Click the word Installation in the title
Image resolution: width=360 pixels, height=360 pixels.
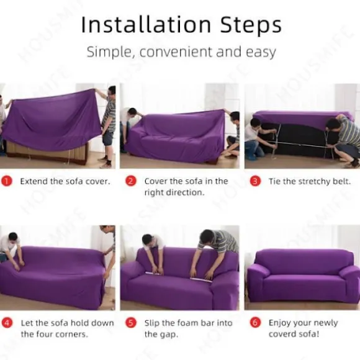point(146,24)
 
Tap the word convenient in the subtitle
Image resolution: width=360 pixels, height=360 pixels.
point(176,52)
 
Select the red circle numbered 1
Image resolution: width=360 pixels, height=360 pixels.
point(7,181)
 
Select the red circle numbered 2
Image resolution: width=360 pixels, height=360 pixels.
point(131,181)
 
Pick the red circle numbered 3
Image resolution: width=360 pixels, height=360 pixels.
point(255,181)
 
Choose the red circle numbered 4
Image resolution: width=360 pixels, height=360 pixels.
point(7,323)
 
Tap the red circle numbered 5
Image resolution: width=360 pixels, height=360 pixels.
point(131,323)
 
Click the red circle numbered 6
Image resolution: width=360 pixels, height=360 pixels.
point(255,323)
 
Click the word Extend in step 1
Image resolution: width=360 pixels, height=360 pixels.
point(34,181)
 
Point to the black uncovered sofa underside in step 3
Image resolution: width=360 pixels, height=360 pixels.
point(296,140)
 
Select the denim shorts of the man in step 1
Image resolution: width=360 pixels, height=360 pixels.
point(108,138)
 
